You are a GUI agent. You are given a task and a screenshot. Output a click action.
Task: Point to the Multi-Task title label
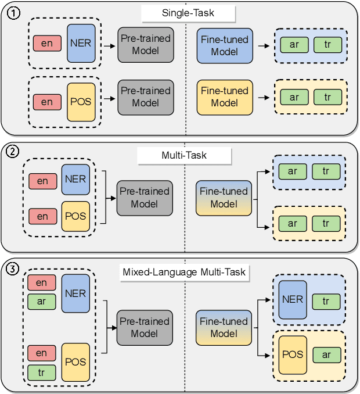click(184, 156)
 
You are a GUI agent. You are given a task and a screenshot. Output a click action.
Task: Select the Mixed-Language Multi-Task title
click(184, 272)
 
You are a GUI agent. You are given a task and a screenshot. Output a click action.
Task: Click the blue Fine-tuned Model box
click(225, 45)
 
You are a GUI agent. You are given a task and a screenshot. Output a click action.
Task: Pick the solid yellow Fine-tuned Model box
click(225, 97)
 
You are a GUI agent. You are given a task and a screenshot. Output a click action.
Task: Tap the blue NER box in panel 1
click(81, 44)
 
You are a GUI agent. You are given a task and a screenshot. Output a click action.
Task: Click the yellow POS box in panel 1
click(81, 102)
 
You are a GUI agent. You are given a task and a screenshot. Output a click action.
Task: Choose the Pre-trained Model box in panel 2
click(145, 198)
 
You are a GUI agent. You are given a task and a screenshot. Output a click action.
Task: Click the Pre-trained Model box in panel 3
click(145, 327)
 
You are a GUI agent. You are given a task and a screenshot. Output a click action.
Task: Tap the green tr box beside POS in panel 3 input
click(42, 372)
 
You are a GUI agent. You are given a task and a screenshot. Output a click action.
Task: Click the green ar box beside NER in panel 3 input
click(42, 301)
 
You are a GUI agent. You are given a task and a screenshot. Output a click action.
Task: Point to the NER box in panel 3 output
click(293, 300)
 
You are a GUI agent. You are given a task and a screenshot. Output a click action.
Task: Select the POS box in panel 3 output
click(293, 354)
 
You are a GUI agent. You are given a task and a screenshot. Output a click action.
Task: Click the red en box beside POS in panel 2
click(43, 216)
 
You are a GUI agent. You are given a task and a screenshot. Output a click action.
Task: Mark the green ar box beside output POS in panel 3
click(327, 354)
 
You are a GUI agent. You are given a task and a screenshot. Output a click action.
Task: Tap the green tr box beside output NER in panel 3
click(327, 301)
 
